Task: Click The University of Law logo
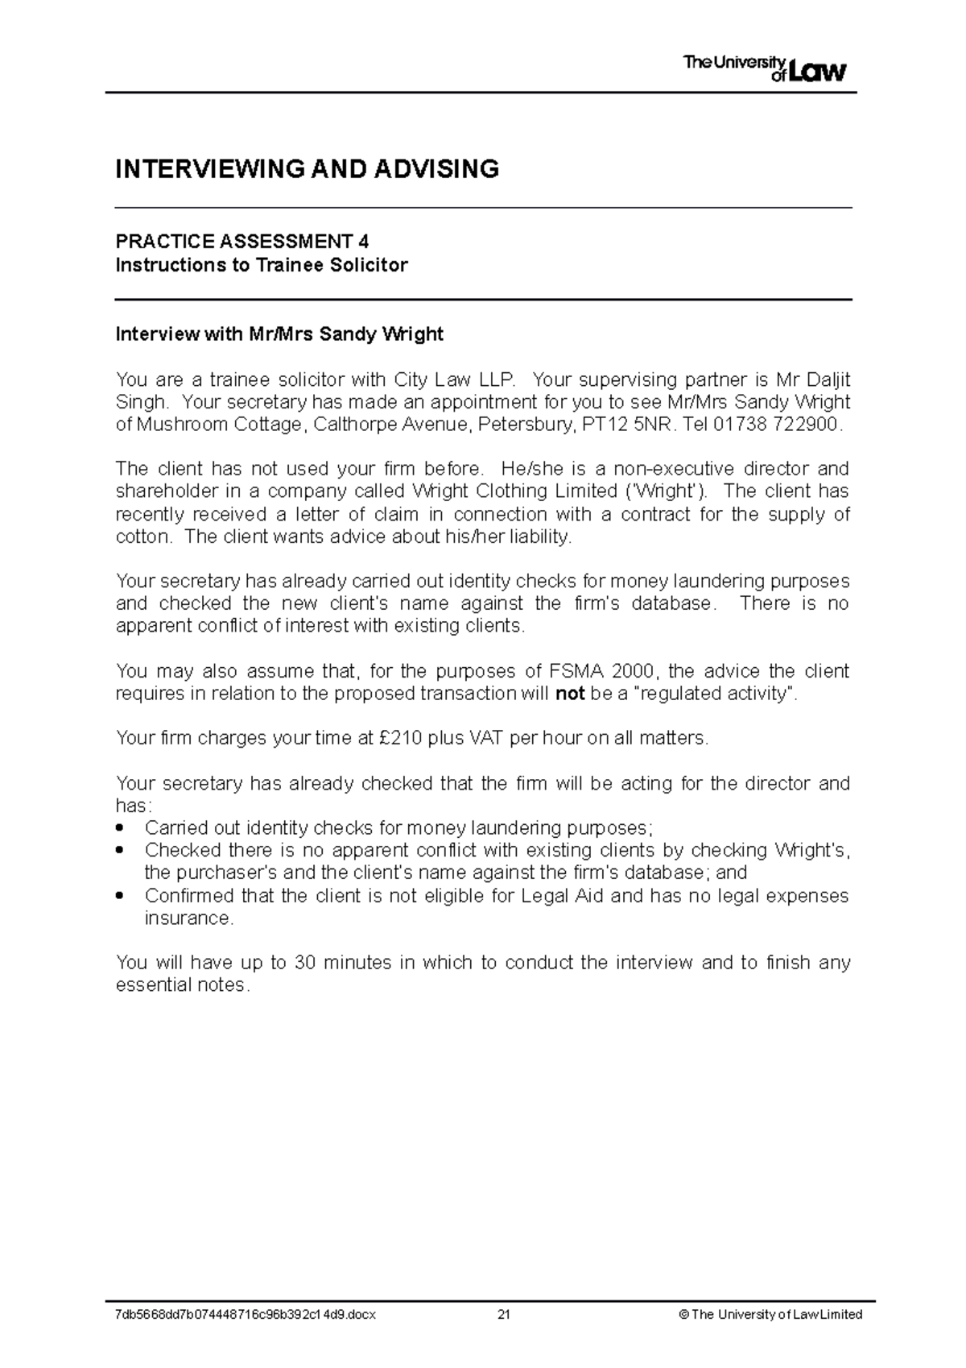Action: (765, 68)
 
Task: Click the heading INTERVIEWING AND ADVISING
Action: (307, 169)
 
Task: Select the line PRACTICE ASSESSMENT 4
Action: (242, 241)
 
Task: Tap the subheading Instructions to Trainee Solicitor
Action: (262, 265)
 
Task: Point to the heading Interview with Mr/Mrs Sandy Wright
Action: (279, 334)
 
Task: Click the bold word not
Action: (570, 694)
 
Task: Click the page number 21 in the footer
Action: (505, 1315)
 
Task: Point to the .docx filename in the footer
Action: (246, 1315)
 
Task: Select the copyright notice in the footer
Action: (770, 1315)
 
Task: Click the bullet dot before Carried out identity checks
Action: (121, 828)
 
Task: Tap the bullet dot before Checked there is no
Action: (121, 851)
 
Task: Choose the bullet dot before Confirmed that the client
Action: (121, 896)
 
